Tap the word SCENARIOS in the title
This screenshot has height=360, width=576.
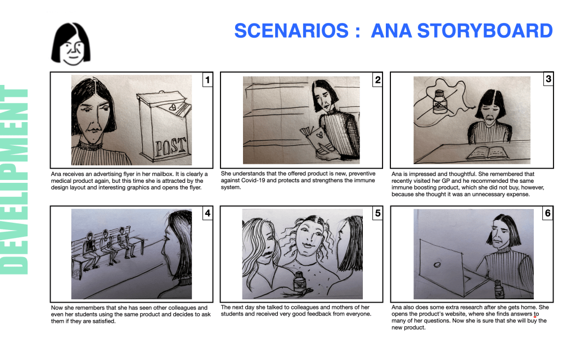[x=291, y=30]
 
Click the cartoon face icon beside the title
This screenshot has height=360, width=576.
[x=71, y=44]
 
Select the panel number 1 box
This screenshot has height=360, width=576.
[x=208, y=80]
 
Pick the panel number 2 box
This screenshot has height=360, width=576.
[x=377, y=80]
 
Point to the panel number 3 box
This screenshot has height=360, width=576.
[x=548, y=79]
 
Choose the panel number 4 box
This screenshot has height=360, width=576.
[x=208, y=213]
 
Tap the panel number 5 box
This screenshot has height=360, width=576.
[x=377, y=213]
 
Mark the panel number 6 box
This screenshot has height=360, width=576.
[x=548, y=213]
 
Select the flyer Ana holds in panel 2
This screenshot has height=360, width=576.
[x=317, y=141]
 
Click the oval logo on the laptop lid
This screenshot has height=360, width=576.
[x=437, y=264]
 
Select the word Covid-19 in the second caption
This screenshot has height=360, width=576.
[x=253, y=181]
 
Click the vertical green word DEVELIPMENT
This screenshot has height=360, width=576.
[x=14, y=179]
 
